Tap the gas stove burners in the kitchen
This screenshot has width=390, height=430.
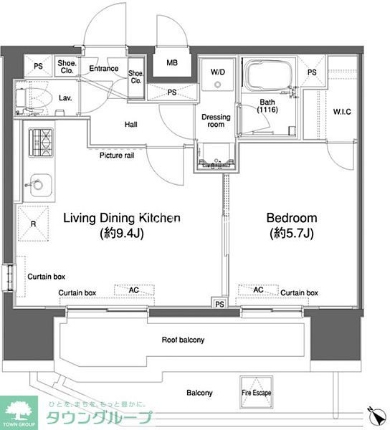[x=41, y=143]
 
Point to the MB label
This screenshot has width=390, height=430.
[x=172, y=63]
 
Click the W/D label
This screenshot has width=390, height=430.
[x=218, y=72]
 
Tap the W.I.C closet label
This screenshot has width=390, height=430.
[x=342, y=112]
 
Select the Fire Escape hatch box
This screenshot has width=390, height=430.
[x=256, y=392]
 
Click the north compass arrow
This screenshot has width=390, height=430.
[x=377, y=417]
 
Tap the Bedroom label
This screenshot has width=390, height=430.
[x=292, y=218]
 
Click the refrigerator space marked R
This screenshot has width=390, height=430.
[x=33, y=224]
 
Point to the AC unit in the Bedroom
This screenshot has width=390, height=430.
[x=258, y=290]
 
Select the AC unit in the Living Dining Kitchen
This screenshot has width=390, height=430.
[x=134, y=290]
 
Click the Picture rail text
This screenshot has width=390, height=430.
[x=117, y=156]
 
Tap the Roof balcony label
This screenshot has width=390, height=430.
[x=183, y=340]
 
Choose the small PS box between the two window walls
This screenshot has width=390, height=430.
[x=219, y=304]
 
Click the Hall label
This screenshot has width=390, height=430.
[x=130, y=125]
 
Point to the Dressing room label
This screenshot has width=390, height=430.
[x=216, y=120]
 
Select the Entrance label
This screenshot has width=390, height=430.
[x=104, y=68]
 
